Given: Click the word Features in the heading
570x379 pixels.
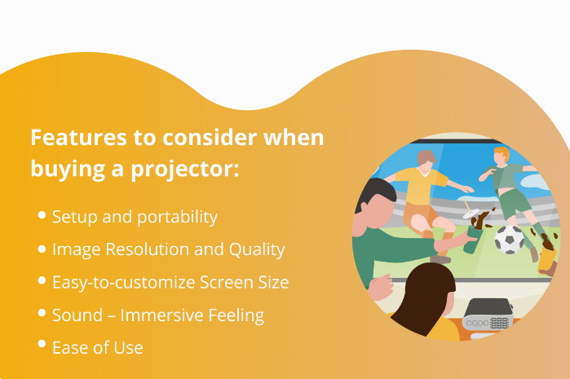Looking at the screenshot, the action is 78,138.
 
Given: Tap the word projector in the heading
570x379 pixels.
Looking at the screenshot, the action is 184,170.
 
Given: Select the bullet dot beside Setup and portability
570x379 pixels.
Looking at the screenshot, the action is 42,215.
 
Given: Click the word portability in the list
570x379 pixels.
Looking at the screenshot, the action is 177,218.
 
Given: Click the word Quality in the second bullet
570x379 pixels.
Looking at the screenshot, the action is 257,250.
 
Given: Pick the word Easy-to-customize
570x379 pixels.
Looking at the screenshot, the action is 124,283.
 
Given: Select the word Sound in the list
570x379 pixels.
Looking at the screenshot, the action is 77,315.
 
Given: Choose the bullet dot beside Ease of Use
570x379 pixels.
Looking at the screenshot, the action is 42,344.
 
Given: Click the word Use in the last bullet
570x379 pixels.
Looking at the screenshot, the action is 128,348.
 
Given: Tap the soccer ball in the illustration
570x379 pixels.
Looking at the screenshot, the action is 510,240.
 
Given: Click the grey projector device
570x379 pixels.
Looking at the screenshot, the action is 487,315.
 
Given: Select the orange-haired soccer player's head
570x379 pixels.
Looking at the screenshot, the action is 502,155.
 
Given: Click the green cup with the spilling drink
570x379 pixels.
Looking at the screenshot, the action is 472,239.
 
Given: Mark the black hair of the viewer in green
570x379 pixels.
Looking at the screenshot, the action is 374,192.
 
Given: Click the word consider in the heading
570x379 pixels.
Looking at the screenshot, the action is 210,138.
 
